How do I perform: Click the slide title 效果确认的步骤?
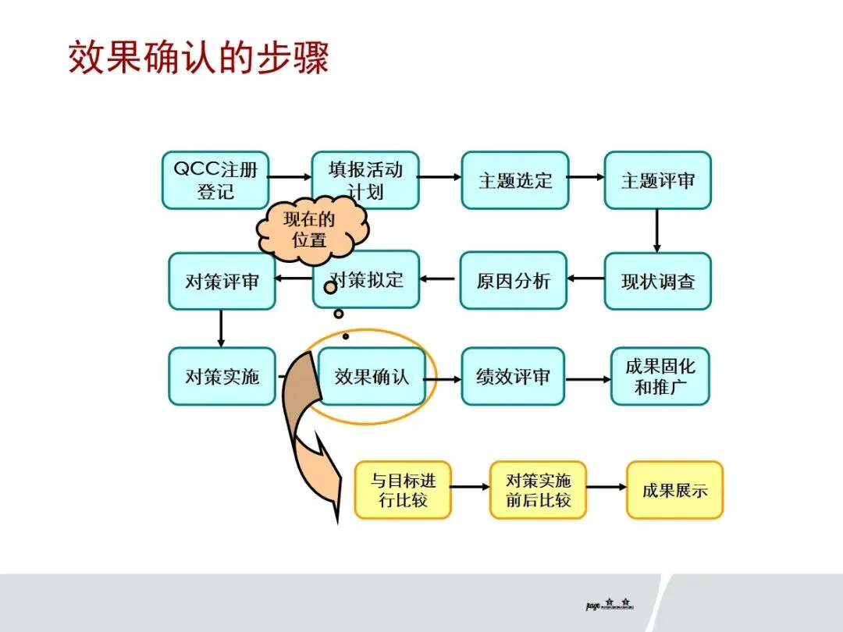pos(199,59)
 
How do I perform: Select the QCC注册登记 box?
pos(215,180)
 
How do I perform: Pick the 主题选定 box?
pos(514,180)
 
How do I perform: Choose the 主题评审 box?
pos(657,180)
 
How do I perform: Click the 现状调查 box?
pos(657,281)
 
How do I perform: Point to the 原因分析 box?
pos(513,281)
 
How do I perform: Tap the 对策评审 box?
pos(222,281)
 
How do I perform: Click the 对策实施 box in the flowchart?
pos(222,376)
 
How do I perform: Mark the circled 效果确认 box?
pos(372,376)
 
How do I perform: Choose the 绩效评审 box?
pos(513,376)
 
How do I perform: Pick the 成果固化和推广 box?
pos(660,376)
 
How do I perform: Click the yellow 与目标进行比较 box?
pos(403,490)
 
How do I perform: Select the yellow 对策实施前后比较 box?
pos(538,490)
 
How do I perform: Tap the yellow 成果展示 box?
pos(674,490)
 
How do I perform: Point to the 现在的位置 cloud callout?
pos(311,229)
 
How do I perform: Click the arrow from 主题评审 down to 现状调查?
pos(656,231)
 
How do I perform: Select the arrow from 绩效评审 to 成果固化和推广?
pos(587,379)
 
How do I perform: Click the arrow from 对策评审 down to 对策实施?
pos(221,328)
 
